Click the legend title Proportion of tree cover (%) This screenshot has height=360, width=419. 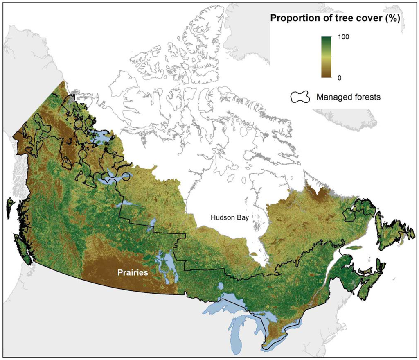(334, 18)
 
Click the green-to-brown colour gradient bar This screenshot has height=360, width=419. (326, 57)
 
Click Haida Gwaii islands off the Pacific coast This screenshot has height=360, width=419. (9, 207)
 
